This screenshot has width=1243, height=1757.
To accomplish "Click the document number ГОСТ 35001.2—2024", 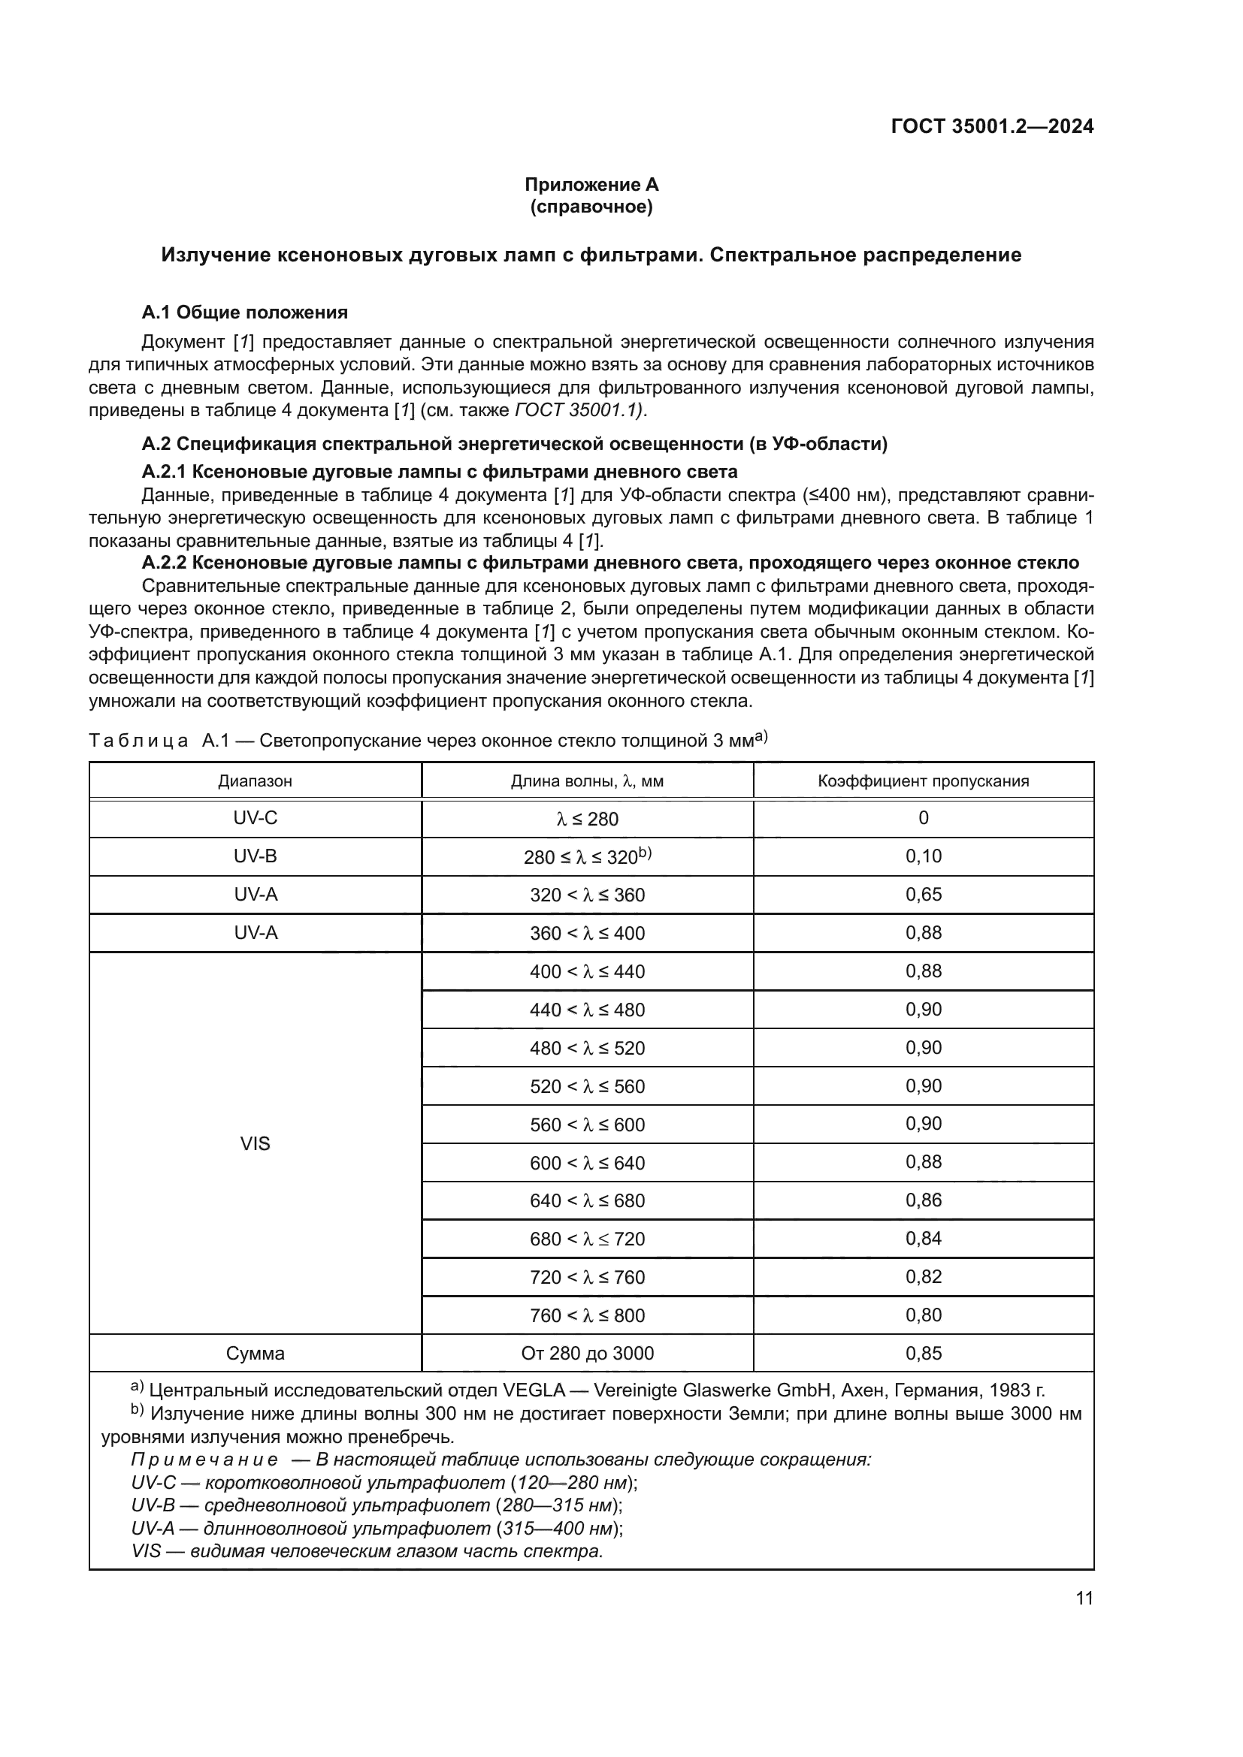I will [x=992, y=126].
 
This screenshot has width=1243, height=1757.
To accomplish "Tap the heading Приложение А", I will [x=591, y=185].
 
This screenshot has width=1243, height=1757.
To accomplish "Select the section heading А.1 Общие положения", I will [x=244, y=312].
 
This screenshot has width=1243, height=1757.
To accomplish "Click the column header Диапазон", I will [x=255, y=781].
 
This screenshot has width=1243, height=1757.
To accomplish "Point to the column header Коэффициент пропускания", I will [x=923, y=781].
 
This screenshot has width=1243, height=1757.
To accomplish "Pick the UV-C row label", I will [x=255, y=818].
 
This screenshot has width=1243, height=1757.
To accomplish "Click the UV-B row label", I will [x=255, y=856].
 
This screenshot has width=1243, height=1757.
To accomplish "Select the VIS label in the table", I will [x=255, y=1143].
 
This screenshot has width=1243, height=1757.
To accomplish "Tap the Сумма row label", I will [x=255, y=1353].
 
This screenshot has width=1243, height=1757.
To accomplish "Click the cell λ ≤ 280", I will [x=587, y=819].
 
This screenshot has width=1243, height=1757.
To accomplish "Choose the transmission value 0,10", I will [x=923, y=856].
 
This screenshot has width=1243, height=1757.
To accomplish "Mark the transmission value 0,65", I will [x=923, y=895].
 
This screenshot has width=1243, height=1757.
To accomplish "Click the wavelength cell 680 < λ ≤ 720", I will [x=587, y=1239].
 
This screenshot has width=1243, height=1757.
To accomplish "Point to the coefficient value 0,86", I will [x=923, y=1200].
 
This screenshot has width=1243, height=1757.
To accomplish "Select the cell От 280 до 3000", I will [x=587, y=1353].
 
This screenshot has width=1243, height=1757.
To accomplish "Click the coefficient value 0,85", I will [x=923, y=1353].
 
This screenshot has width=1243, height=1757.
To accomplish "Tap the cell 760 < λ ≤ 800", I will [x=587, y=1315].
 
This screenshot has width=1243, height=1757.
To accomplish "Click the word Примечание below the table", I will [x=204, y=1460].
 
